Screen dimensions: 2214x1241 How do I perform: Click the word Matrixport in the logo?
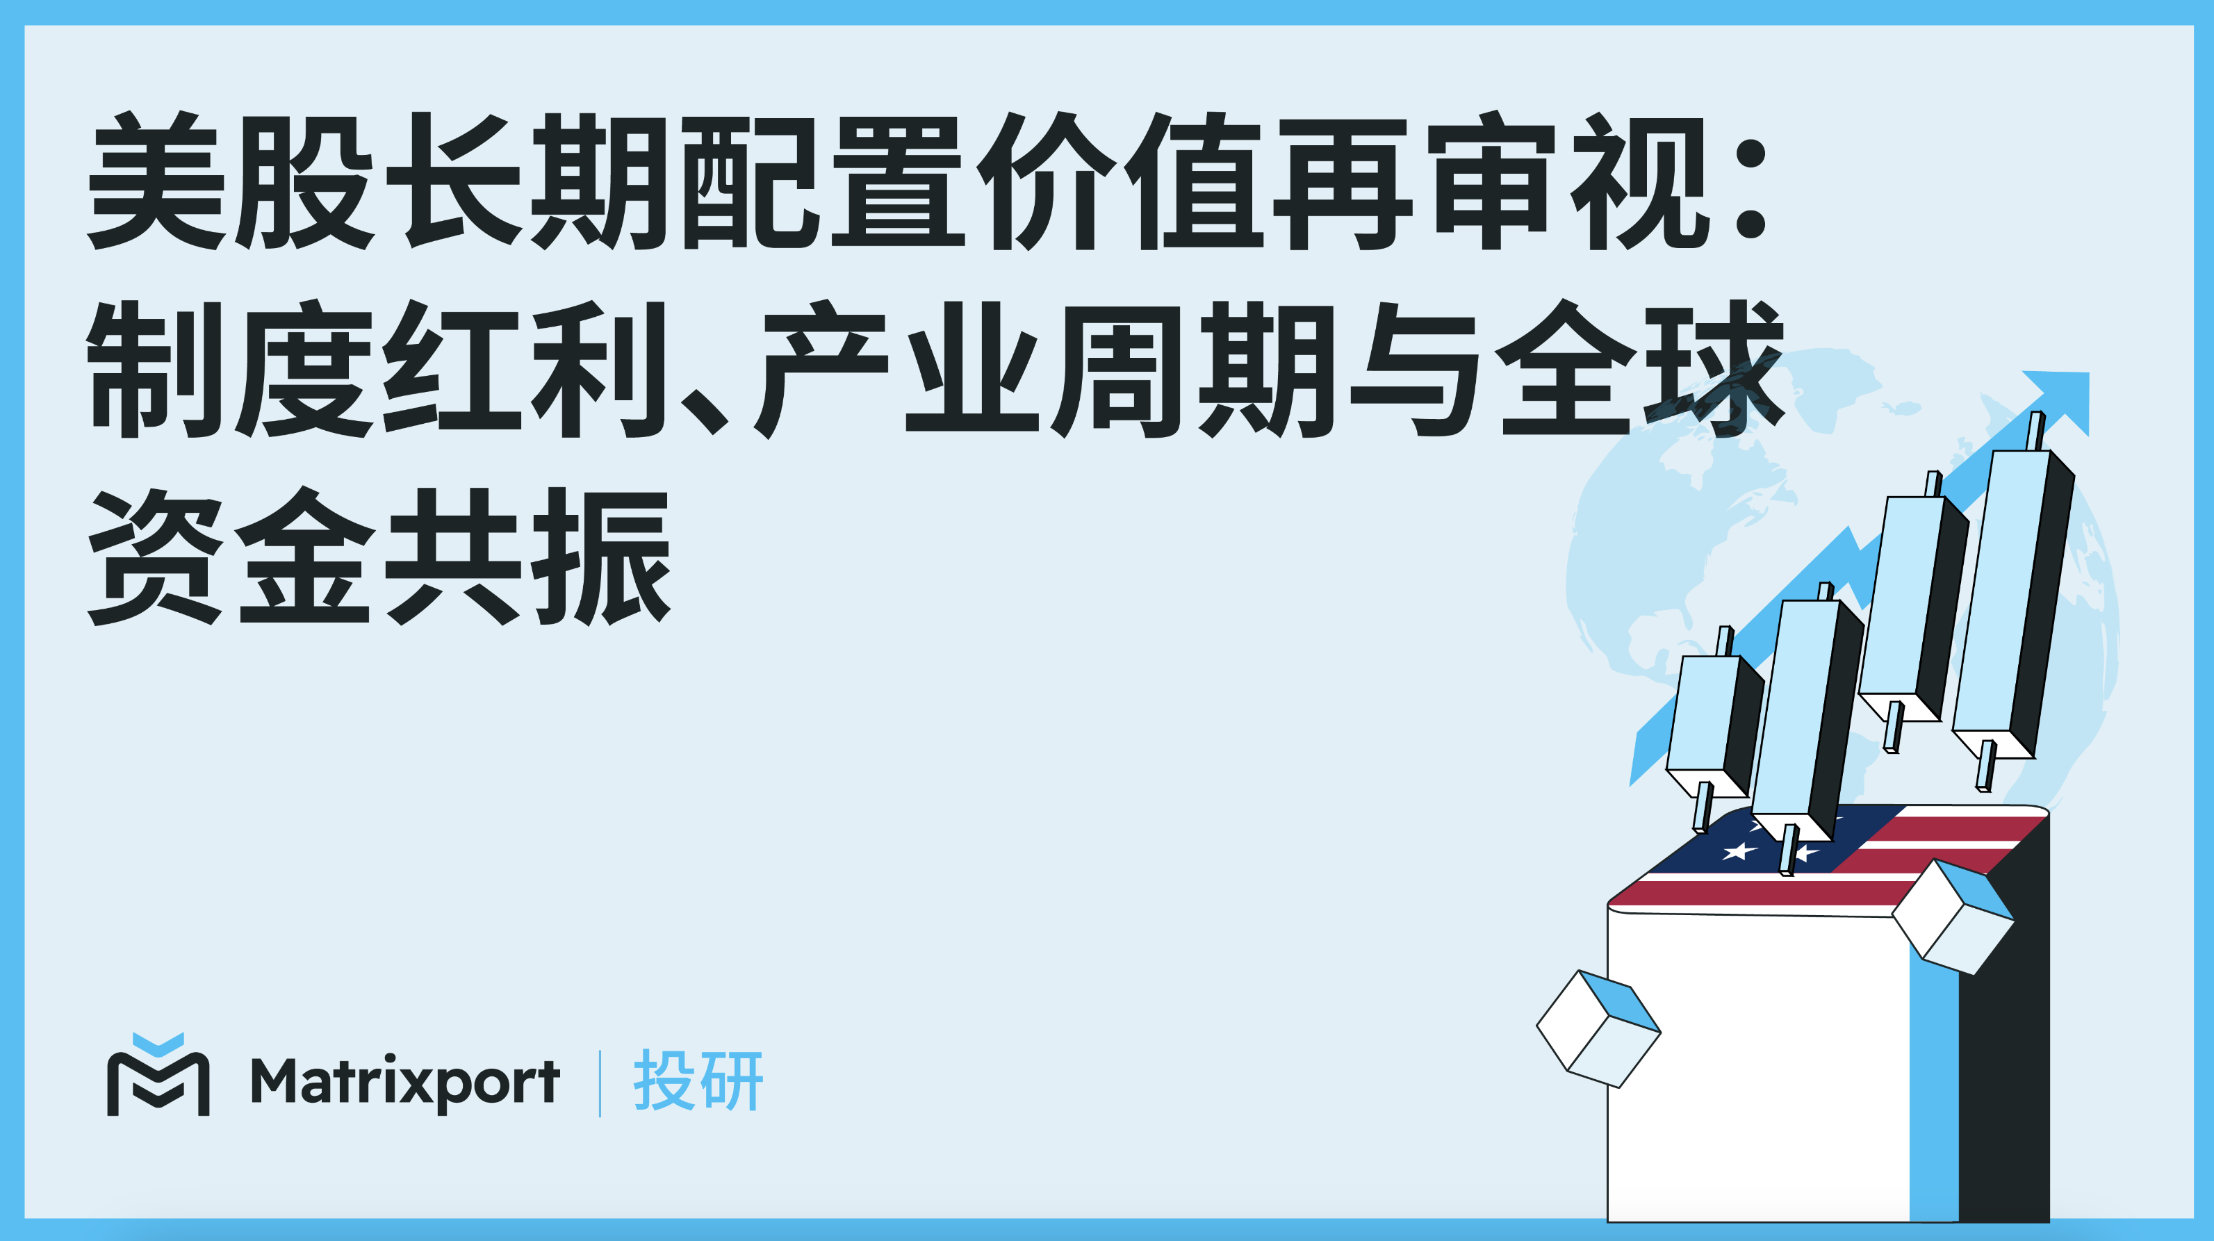pyautogui.click(x=405, y=1082)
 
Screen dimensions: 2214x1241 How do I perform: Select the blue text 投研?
pyautogui.click(x=698, y=1081)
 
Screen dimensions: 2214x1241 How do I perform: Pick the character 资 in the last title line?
pyautogui.click(x=156, y=557)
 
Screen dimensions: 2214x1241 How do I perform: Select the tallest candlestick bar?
pyautogui.click(x=2013, y=602)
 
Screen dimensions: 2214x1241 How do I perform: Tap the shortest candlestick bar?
pyautogui.click(x=1712, y=726)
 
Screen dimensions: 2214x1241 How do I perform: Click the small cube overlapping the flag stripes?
pyautogui.click(x=1953, y=916)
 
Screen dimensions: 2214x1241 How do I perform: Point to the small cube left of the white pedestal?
pyautogui.click(x=1598, y=1028)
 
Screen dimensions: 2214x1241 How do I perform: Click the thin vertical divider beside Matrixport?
pyautogui.click(x=599, y=1083)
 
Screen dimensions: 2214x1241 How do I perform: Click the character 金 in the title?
pyautogui.click(x=304, y=557)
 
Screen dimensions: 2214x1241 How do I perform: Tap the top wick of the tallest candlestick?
pyautogui.click(x=2035, y=432)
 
